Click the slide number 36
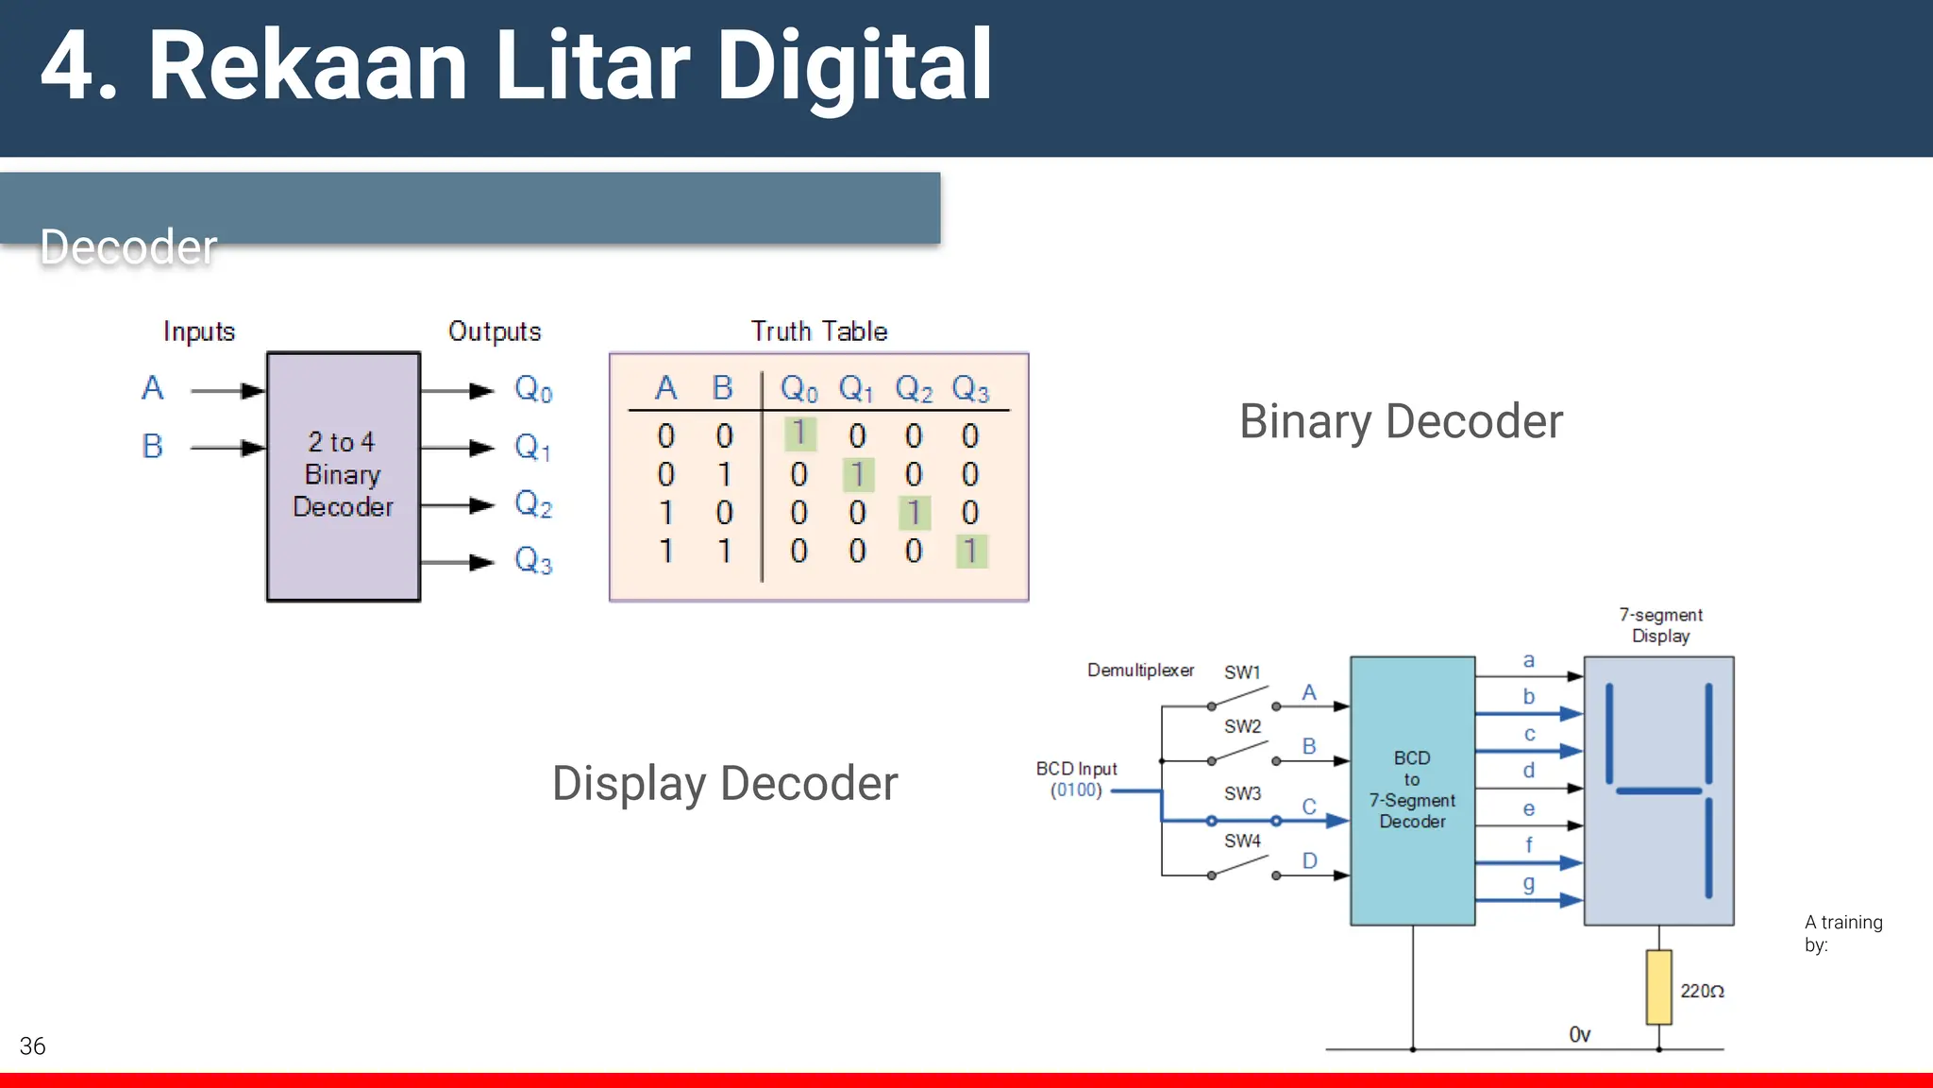[32, 1045]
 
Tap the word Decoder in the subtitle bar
[128, 247]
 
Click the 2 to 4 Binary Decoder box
[344, 476]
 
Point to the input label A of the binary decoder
[153, 388]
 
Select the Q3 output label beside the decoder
[533, 561]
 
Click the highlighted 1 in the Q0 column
[799, 433]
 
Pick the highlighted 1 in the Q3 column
[971, 551]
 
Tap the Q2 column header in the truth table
[914, 389]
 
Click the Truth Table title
[818, 331]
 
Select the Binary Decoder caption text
[1401, 421]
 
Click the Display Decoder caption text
[725, 783]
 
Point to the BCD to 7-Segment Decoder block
[1412, 790]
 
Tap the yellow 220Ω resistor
[1658, 987]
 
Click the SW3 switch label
[1242, 793]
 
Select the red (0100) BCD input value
[1076, 790]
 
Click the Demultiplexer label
[1140, 671]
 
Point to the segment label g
[1529, 884]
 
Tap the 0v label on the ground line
[1579, 1035]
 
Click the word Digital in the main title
[854, 66]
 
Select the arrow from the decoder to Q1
[458, 448]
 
